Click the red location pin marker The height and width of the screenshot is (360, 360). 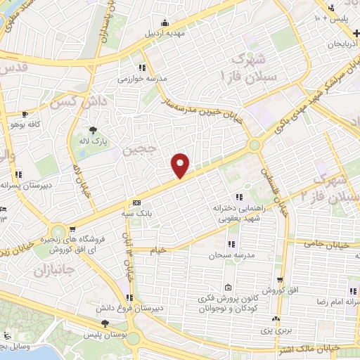pyautogui.click(x=181, y=165)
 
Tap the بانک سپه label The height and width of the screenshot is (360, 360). pyautogui.click(x=143, y=212)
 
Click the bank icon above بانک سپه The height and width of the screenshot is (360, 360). pyautogui.click(x=136, y=202)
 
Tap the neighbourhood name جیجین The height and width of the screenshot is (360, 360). pyautogui.click(x=136, y=150)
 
